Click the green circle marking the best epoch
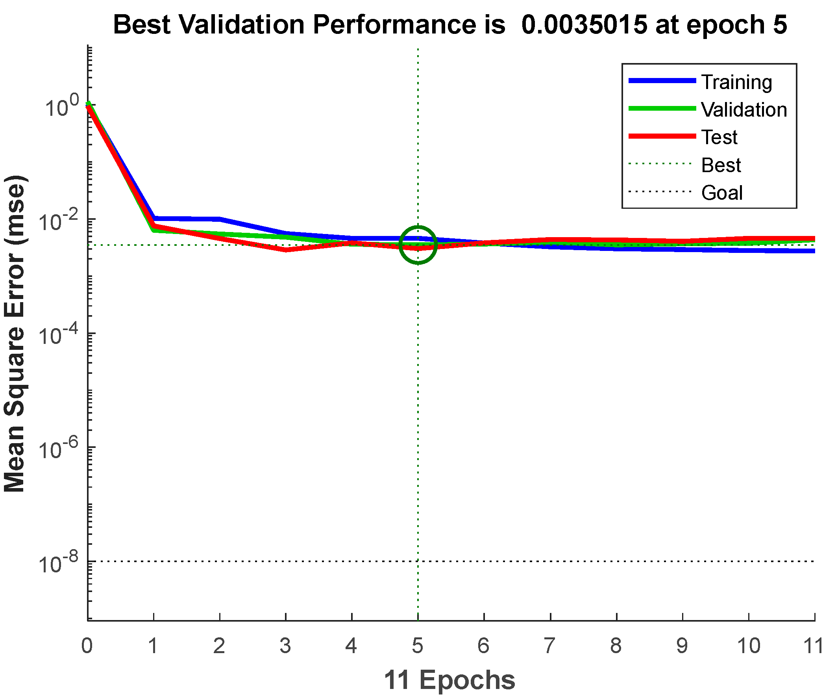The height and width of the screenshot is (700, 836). (418, 245)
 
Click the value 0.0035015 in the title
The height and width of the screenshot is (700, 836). (584, 25)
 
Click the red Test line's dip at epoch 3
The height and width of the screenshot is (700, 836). (285, 250)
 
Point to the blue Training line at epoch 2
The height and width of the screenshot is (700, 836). (220, 219)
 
